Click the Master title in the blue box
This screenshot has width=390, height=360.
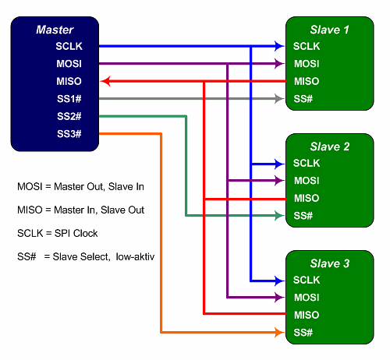[55, 30]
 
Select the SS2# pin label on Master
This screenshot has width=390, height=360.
[69, 116]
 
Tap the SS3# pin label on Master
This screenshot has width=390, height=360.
[69, 134]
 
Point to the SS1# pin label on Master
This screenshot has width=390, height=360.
[69, 99]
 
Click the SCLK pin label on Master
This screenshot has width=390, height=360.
[69, 46]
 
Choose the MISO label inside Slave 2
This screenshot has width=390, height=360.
[307, 198]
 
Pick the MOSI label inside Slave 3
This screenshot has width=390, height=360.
[307, 298]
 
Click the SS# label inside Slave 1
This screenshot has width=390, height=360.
[303, 99]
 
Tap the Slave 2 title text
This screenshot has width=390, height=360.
[330, 146]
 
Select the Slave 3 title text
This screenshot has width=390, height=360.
[330, 263]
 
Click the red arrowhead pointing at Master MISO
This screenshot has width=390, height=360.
[106, 81]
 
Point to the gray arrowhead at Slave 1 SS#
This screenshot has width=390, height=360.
[279, 99]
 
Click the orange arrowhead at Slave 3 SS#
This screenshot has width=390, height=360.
[279, 333]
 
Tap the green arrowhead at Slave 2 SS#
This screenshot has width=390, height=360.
[279, 216]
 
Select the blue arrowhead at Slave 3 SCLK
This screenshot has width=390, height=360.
[279, 281]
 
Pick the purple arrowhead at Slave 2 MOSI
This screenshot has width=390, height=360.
[279, 181]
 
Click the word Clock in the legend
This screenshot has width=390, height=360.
[85, 233]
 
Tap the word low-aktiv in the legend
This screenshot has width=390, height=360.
[135, 256]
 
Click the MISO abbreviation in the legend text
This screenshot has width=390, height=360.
[30, 210]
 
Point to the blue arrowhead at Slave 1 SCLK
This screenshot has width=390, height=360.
[279, 46]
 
